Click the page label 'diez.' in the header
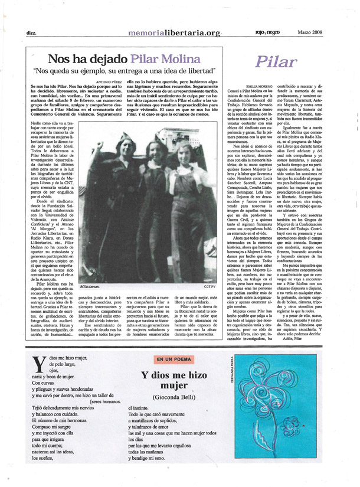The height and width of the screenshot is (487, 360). point(32,33)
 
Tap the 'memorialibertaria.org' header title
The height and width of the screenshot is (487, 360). point(175,32)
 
